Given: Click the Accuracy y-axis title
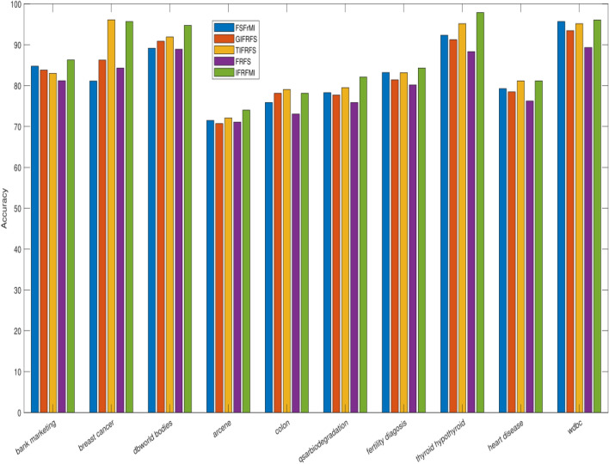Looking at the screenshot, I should [6, 209].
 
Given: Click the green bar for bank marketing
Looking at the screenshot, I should [71, 236].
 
